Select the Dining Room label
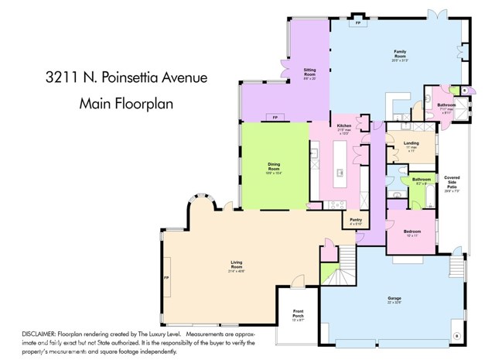tap(274, 165)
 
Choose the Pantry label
tap(356, 221)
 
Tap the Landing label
tap(412, 145)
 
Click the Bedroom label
tap(412, 232)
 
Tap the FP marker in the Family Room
tap(357, 23)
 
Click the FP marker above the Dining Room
tap(274, 117)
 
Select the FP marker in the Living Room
tap(166, 276)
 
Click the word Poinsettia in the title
tap(145, 78)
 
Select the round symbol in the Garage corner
tap(456, 335)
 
